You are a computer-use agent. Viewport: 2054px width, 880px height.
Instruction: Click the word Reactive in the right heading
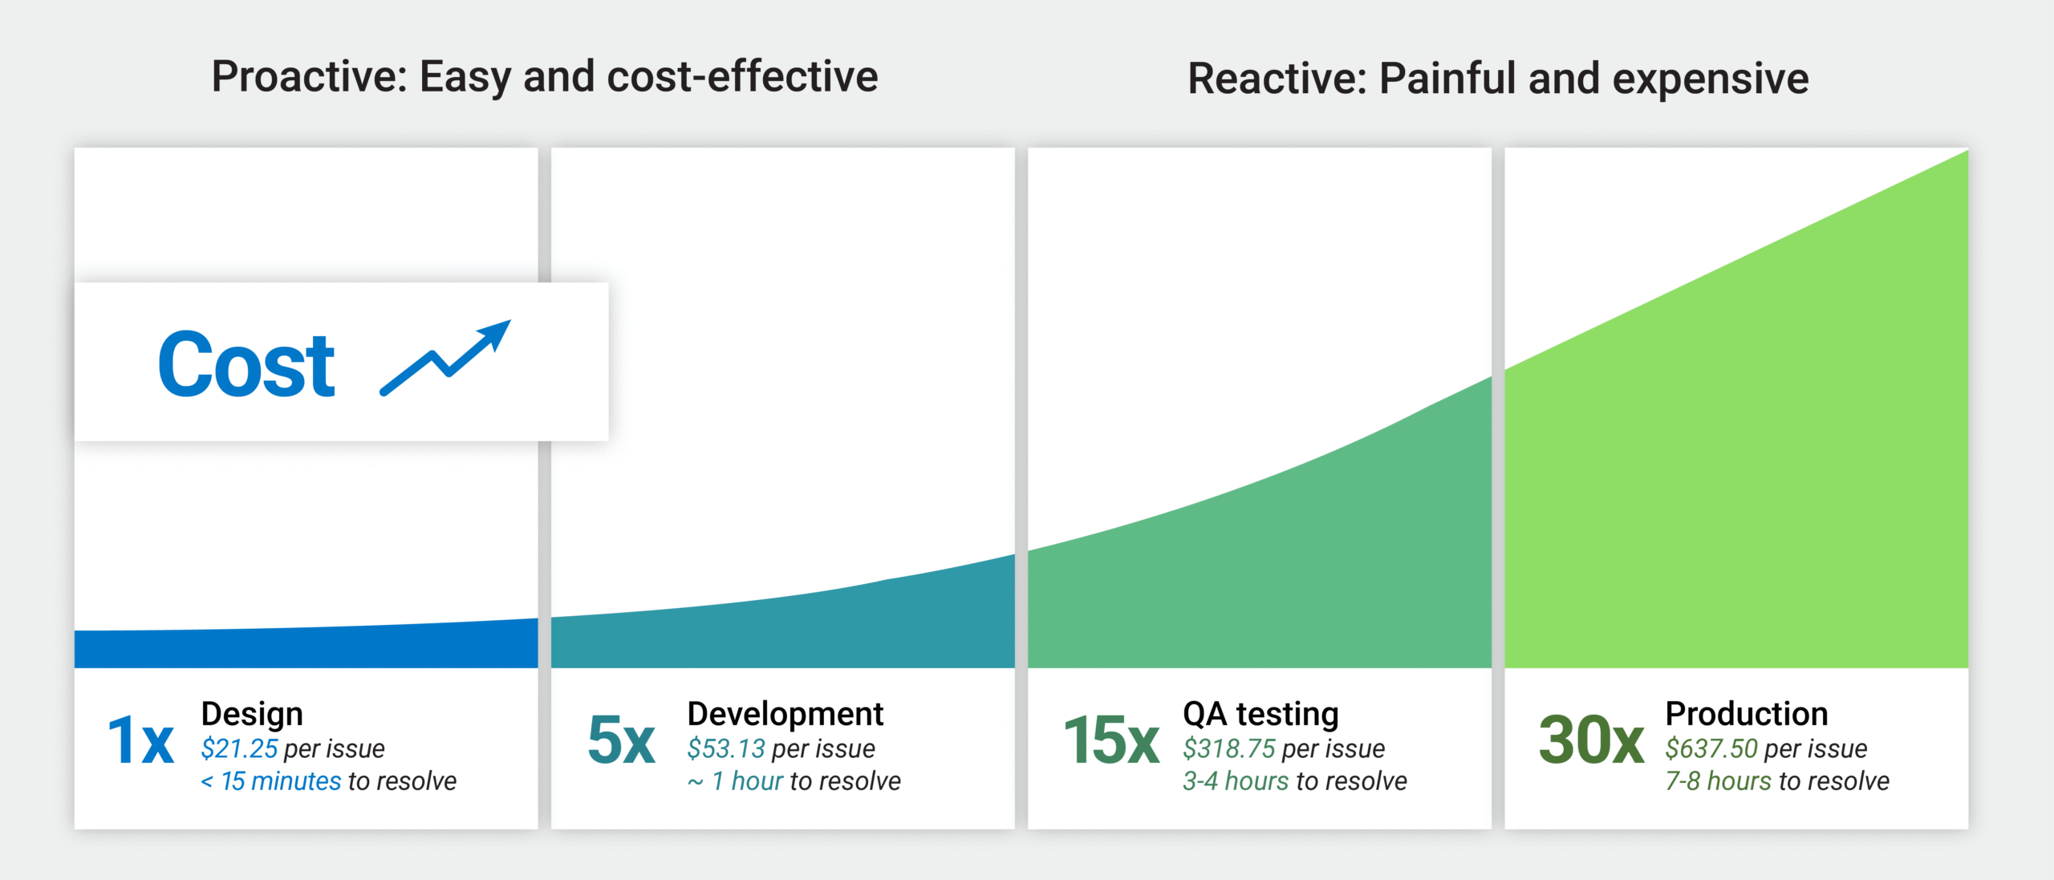[x=1276, y=79]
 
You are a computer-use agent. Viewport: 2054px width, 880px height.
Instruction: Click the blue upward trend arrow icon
[x=445, y=358]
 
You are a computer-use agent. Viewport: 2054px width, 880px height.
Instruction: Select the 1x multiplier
[x=140, y=740]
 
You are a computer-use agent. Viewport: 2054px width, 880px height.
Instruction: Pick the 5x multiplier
[x=621, y=740]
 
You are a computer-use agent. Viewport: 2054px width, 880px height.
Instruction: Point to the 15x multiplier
[x=1110, y=740]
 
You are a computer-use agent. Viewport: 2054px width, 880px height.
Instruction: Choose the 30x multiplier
[x=1590, y=740]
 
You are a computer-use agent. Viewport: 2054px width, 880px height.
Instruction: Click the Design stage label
[x=252, y=713]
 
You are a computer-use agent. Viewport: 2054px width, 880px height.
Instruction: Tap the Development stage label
[x=785, y=713]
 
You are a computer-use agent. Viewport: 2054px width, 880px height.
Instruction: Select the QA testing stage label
[x=1260, y=713]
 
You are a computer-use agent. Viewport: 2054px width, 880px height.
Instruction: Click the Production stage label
[x=1746, y=713]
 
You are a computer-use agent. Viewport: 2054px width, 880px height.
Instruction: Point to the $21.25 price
[x=239, y=748]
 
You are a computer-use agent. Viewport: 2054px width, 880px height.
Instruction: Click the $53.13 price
[x=726, y=748]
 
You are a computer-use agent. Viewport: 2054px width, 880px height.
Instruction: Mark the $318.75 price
[x=1228, y=748]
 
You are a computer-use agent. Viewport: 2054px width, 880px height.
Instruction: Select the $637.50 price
[x=1711, y=748]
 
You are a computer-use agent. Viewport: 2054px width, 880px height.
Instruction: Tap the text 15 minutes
[x=281, y=781]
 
